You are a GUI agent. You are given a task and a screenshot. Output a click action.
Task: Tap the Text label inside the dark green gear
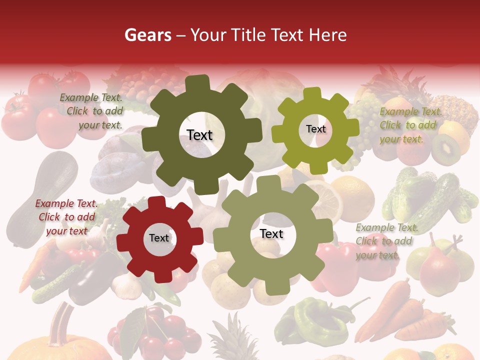199,135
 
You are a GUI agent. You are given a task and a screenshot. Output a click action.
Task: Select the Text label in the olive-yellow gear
315,129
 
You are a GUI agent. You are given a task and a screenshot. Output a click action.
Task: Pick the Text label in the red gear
159,238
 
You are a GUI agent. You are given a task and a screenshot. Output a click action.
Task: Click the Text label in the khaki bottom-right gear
271,233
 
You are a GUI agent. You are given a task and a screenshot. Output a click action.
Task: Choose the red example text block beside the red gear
66,217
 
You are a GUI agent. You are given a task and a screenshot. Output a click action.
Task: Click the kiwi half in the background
446,149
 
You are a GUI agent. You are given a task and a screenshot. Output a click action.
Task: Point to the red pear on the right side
438,270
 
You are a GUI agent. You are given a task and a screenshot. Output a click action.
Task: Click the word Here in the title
328,35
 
